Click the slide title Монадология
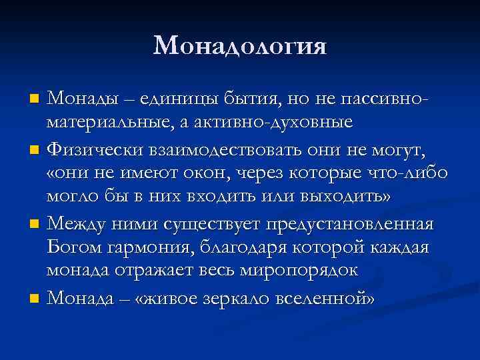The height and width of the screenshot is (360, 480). pos(240,45)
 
